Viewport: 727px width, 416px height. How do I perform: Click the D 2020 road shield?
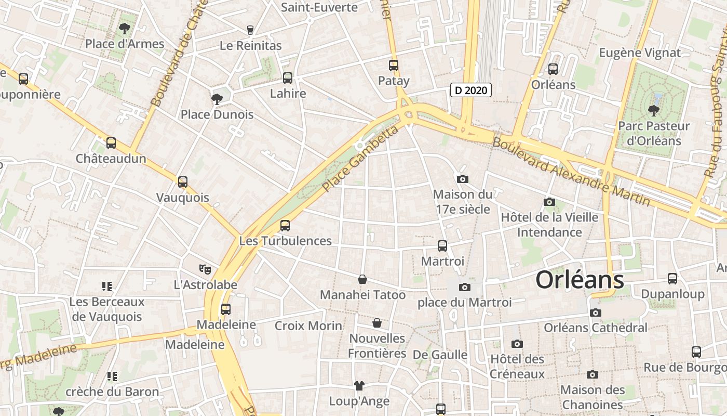tap(470, 90)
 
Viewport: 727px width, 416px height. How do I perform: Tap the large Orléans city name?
tap(580, 280)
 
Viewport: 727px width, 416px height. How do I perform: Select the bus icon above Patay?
tap(394, 66)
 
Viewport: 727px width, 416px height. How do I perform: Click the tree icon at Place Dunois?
tap(217, 98)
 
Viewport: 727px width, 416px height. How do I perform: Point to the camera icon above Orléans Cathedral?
tap(596, 313)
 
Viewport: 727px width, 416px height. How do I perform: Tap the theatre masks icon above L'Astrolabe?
tap(206, 269)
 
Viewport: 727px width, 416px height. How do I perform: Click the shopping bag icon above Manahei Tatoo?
tap(362, 279)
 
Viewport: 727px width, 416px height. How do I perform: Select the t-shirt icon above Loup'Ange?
tap(359, 385)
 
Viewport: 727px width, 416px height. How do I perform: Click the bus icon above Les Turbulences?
tap(285, 225)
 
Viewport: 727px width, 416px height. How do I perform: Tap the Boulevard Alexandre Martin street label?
tap(571, 171)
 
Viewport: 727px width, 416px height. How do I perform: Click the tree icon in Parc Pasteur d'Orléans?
tap(653, 110)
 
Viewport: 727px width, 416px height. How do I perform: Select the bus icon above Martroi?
tap(442, 245)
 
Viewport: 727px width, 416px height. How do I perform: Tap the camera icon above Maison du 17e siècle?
tap(463, 179)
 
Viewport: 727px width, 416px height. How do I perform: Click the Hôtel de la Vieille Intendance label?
tap(549, 225)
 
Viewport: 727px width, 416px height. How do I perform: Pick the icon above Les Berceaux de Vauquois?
tap(107, 286)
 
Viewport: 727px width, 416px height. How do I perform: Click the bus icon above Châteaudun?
tap(111, 143)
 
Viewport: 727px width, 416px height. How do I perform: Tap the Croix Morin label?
tap(308, 326)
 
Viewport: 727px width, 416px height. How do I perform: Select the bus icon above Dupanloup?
tap(672, 279)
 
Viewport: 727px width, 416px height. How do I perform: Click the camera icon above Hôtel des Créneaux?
tap(517, 344)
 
